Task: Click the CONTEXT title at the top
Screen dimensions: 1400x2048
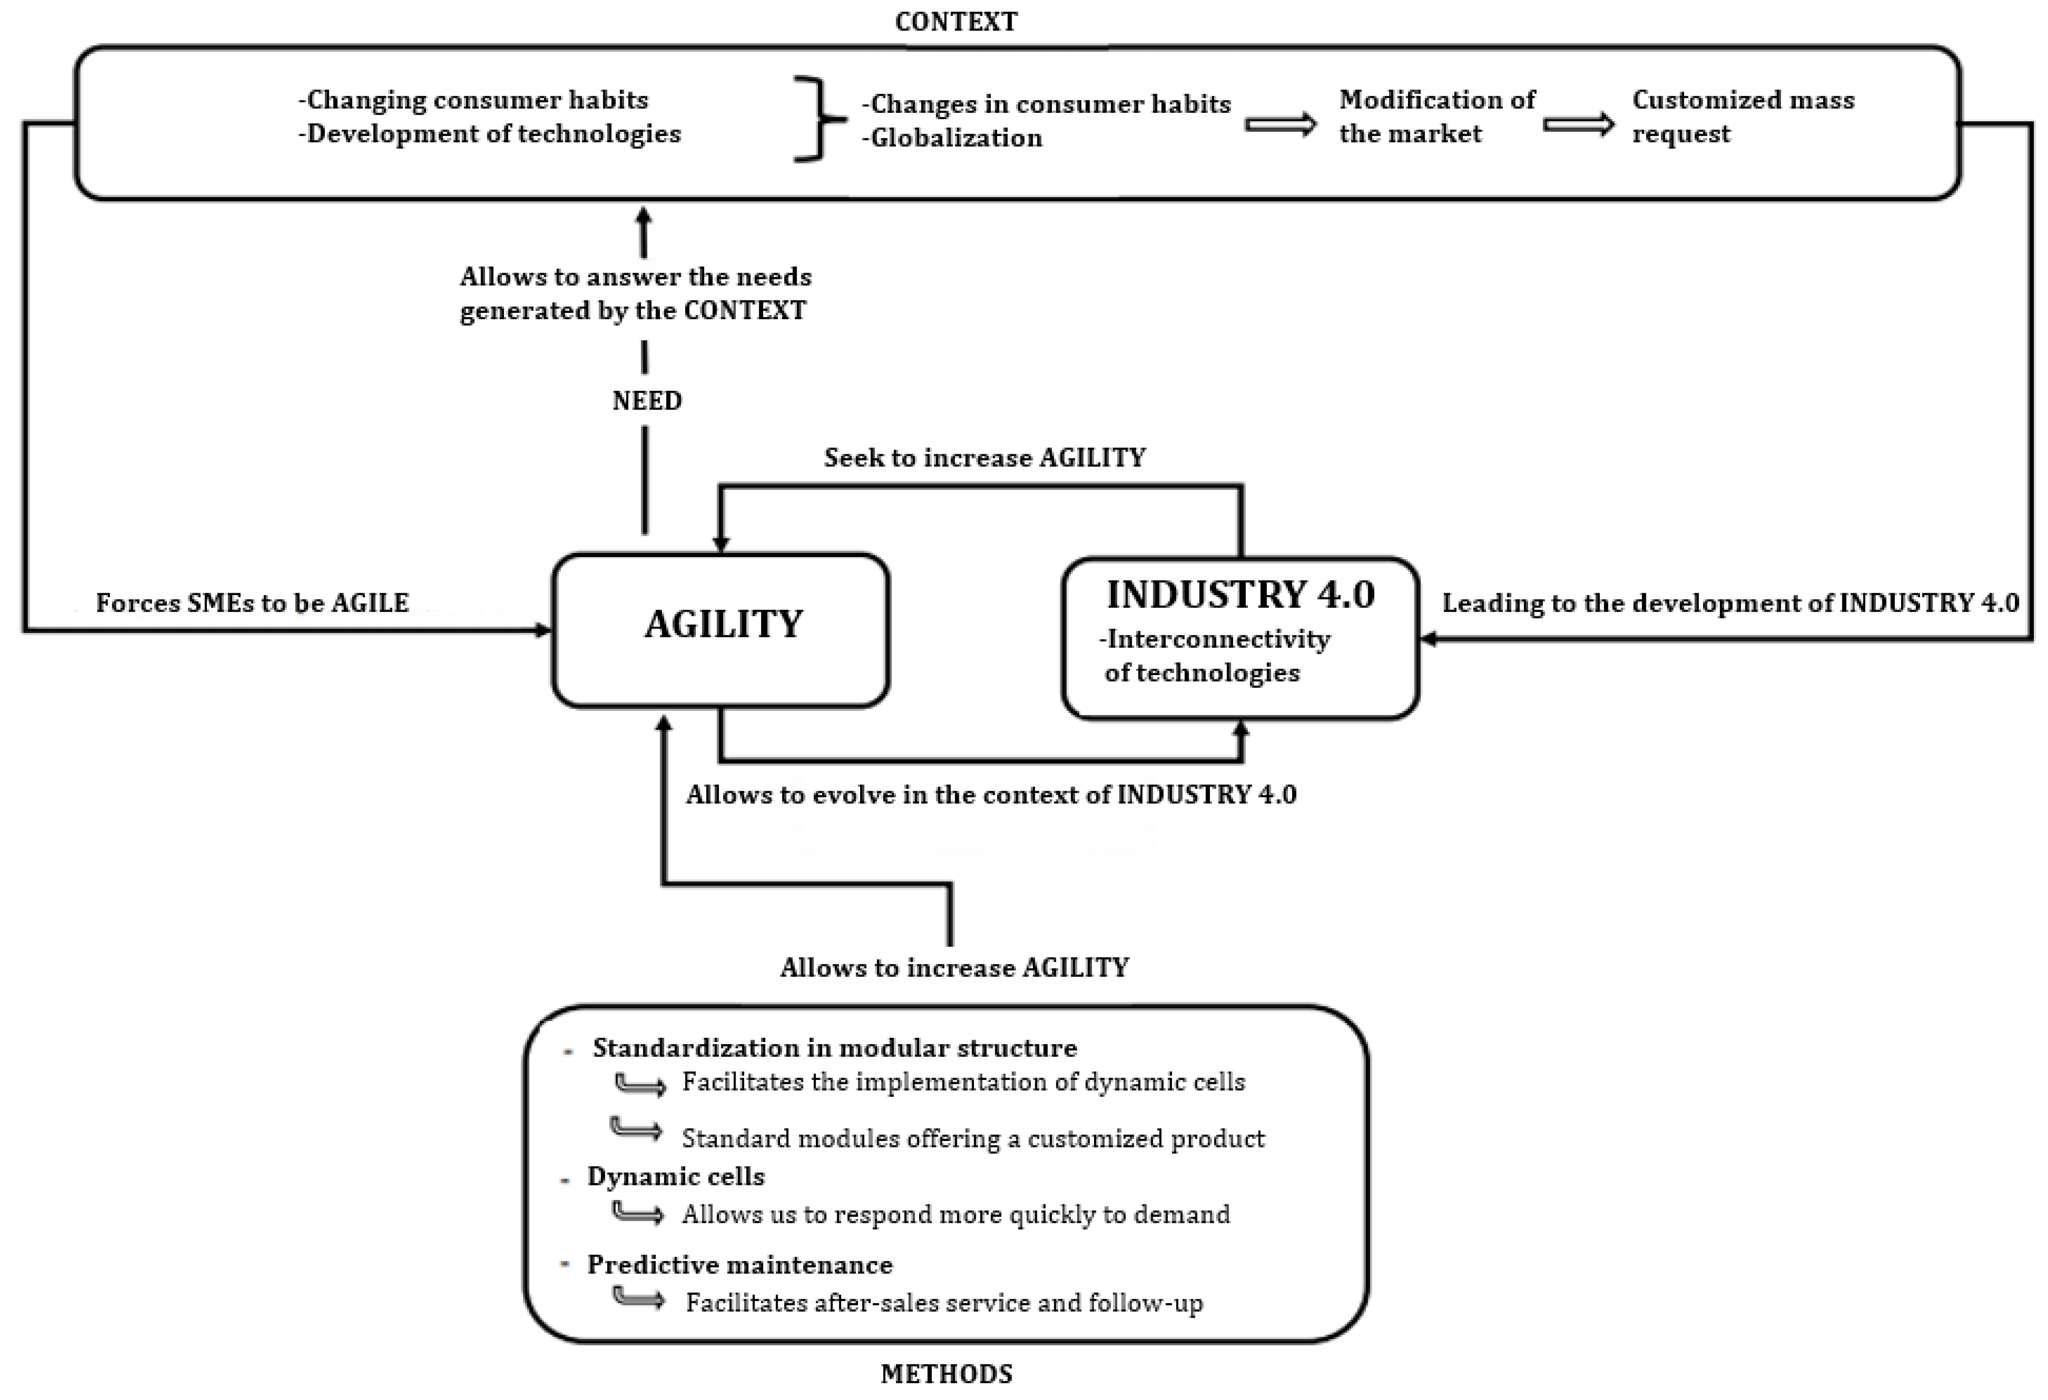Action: tap(955, 21)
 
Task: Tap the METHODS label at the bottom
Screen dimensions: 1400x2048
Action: tap(946, 1373)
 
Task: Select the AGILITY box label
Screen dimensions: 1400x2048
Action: tap(722, 624)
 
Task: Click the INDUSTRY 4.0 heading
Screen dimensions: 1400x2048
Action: tap(1240, 595)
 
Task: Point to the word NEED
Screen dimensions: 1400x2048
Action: tap(647, 401)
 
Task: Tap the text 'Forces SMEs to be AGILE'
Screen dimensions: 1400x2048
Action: tap(252, 603)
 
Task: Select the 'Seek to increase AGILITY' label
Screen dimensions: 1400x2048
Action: tap(985, 457)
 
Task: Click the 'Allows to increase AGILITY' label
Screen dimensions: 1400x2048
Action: tap(954, 968)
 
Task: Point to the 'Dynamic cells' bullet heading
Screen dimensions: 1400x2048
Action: tap(676, 1176)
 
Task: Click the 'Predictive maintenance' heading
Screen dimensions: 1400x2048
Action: tap(739, 1264)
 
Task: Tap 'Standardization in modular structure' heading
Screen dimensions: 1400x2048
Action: tap(834, 1047)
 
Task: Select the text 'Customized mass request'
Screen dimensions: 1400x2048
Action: tap(1742, 116)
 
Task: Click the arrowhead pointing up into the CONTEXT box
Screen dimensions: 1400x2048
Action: tap(644, 216)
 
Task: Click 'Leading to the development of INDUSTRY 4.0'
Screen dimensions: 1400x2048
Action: tap(1730, 603)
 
